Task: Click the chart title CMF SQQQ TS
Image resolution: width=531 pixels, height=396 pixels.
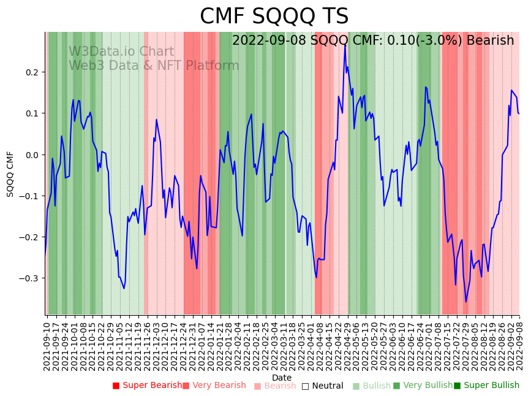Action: pyautogui.click(x=274, y=17)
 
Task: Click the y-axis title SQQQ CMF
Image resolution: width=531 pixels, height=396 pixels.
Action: pyautogui.click(x=10, y=173)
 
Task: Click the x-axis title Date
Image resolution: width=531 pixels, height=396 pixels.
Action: pyautogui.click(x=282, y=378)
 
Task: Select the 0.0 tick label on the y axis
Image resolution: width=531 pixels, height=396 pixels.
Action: pyautogui.click(x=31, y=154)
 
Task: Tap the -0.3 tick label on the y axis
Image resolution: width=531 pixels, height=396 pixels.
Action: pyautogui.click(x=29, y=278)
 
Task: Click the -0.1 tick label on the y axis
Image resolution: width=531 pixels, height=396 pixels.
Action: pyautogui.click(x=29, y=196)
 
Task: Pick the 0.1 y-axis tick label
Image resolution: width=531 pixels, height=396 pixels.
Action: pyautogui.click(x=31, y=113)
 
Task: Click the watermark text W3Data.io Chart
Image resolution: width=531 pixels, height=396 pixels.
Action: pyautogui.click(x=121, y=52)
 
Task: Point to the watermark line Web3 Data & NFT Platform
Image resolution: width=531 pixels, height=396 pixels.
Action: pyautogui.click(x=154, y=66)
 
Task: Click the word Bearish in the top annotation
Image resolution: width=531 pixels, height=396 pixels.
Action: pyautogui.click(x=490, y=41)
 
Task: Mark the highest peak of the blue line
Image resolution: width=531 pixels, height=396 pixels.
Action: pyautogui.click(x=345, y=45)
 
